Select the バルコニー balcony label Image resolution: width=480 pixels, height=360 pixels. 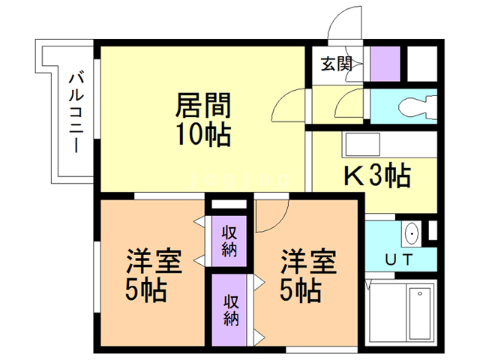click(x=76, y=112)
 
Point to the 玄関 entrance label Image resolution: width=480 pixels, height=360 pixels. click(x=337, y=64)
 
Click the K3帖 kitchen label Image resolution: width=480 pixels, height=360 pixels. click(x=376, y=177)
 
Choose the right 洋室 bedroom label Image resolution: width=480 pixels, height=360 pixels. click(x=308, y=263)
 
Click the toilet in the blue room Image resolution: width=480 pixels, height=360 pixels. click(x=420, y=106)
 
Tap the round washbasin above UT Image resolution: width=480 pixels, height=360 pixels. click(x=411, y=235)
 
